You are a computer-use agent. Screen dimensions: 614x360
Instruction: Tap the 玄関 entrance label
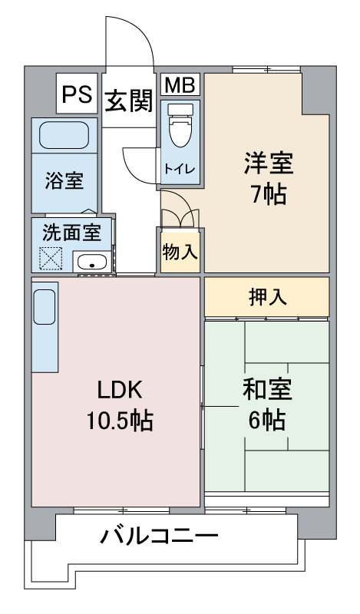(x=128, y=101)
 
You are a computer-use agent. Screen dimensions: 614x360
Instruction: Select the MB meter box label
(x=180, y=85)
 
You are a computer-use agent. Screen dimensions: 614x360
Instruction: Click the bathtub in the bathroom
(x=64, y=135)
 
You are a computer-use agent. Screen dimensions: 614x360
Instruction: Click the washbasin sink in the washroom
(x=93, y=262)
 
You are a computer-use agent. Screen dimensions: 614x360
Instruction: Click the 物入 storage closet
(x=179, y=250)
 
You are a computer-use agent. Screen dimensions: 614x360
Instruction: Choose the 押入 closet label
(x=266, y=297)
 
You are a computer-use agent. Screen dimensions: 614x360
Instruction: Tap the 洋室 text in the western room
(x=269, y=165)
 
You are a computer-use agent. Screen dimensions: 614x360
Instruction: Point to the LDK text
(x=119, y=389)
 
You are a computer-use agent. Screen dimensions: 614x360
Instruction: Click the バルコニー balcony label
(x=160, y=535)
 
